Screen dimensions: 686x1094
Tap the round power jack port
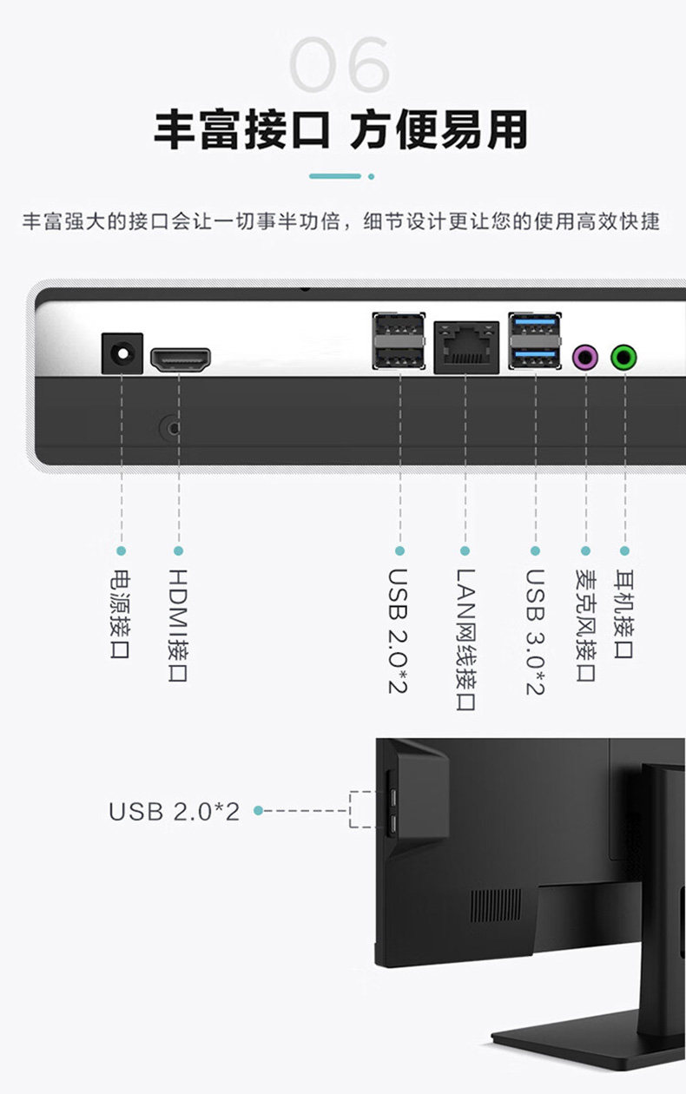[x=122, y=353]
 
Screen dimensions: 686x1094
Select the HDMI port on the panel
[x=181, y=360]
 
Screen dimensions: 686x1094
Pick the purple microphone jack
[x=585, y=355]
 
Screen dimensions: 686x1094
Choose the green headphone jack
[x=623, y=355]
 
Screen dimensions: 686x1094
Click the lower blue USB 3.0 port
[x=534, y=356]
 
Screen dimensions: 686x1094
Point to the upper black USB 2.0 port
[x=399, y=329]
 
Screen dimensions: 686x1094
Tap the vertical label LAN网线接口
[x=465, y=640]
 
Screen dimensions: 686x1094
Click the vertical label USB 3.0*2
[x=535, y=631]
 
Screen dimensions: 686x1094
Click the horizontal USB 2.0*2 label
[x=174, y=811]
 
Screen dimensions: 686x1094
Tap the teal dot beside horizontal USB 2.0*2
[x=258, y=811]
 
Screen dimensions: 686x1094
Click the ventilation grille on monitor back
[x=496, y=906]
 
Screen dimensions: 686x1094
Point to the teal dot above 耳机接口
[x=623, y=550]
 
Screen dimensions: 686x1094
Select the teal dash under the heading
[x=335, y=176]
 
